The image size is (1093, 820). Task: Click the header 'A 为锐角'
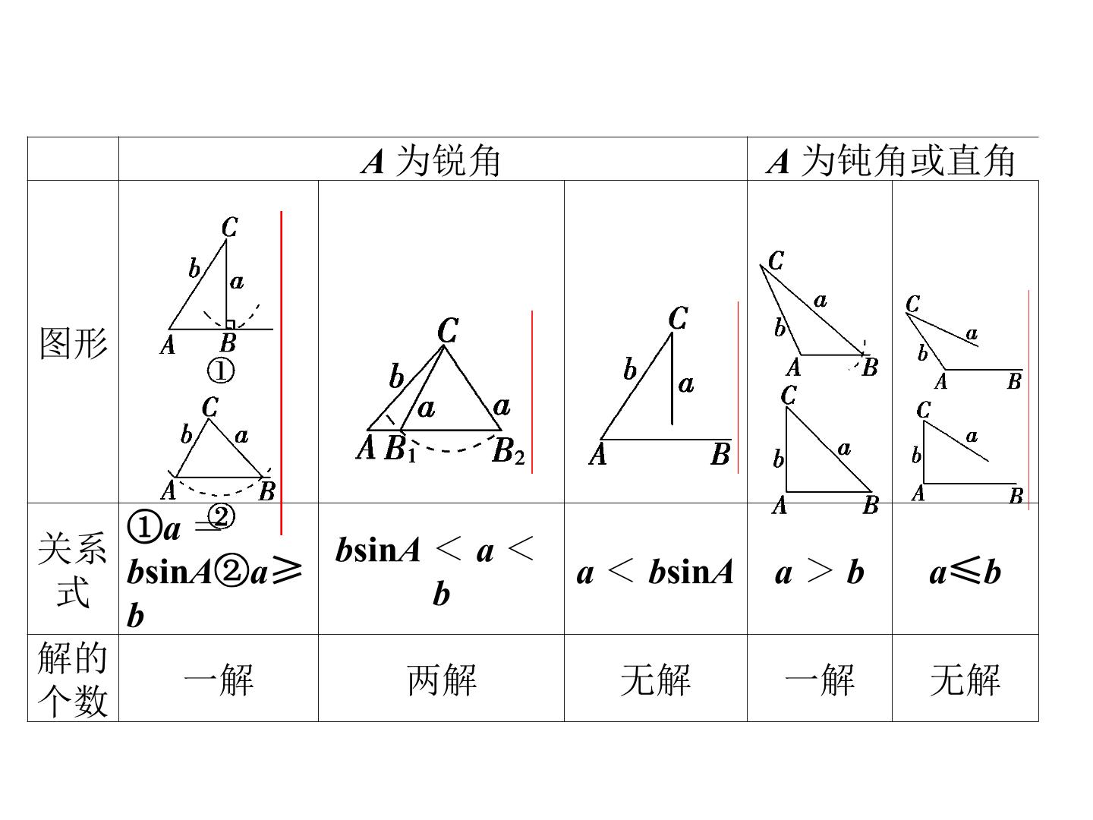point(430,160)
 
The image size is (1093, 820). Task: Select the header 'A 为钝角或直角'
point(890,160)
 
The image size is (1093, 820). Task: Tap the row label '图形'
point(73,343)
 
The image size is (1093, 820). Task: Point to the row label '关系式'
point(73,569)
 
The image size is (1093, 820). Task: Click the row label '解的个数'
point(73,679)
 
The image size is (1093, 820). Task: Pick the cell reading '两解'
point(442,680)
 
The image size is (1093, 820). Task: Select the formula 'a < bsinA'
point(655,572)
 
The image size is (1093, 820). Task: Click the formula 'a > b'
point(819,572)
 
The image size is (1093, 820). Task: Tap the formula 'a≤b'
point(965,572)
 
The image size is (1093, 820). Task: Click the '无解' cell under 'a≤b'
point(965,680)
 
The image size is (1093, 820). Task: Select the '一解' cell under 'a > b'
point(820,680)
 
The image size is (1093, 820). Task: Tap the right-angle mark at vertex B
point(230,324)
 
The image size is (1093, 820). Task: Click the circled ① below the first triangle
point(221,371)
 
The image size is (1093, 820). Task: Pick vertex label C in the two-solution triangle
point(448,330)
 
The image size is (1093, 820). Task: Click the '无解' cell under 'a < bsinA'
point(655,680)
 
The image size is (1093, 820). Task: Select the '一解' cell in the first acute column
point(219,680)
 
